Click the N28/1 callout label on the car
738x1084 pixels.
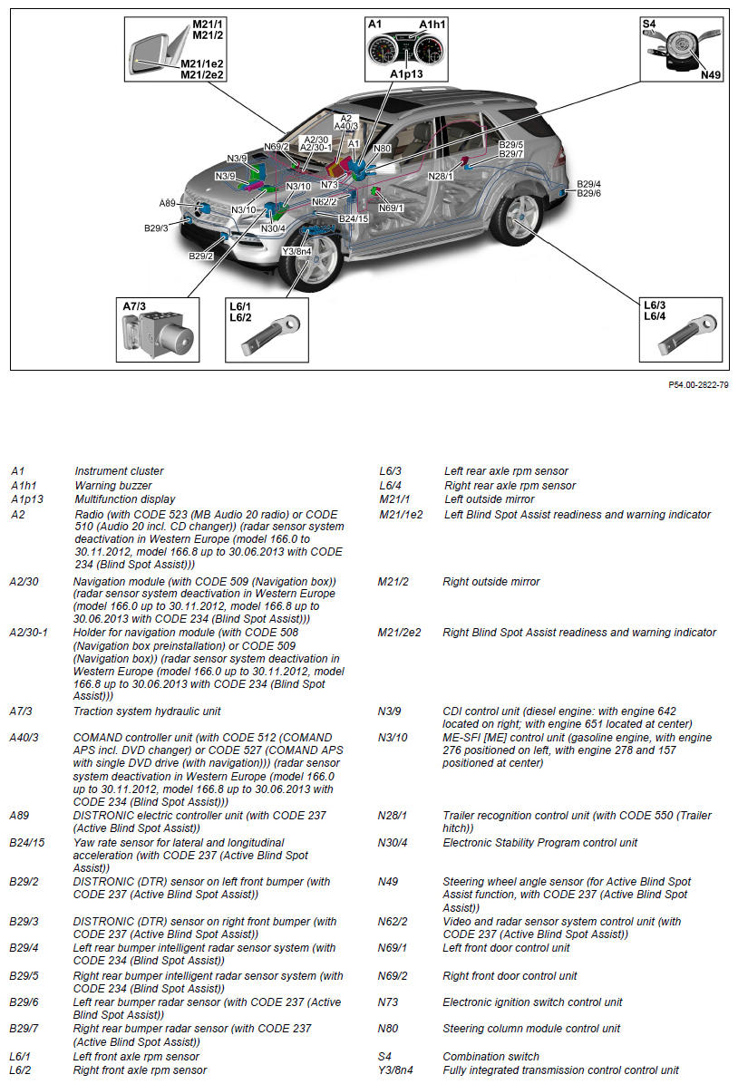441,176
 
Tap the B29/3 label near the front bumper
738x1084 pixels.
156,228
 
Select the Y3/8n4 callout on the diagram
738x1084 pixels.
296,251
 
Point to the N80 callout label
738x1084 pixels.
382,149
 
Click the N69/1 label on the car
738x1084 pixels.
392,208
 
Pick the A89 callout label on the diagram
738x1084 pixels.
168,203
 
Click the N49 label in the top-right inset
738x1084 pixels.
711,74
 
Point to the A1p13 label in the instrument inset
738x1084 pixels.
406,73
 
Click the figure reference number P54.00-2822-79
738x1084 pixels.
698,385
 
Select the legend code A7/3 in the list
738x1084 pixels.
21,711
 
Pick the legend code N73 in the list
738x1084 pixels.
387,1002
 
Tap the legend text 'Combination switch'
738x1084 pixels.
490,1056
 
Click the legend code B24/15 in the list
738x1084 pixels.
27,843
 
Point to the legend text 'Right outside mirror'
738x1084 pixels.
490,582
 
